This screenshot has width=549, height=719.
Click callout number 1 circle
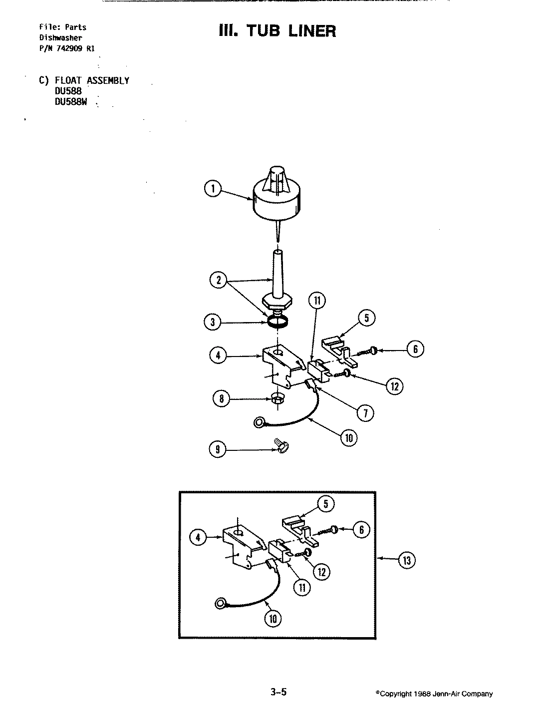click(213, 188)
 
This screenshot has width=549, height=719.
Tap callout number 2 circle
click(218, 281)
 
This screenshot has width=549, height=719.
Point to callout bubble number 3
click(213, 322)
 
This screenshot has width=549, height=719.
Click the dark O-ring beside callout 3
click(276, 322)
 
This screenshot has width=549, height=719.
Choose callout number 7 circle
click(365, 413)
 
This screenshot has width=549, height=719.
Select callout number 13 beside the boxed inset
click(406, 560)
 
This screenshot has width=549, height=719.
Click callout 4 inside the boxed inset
click(199, 537)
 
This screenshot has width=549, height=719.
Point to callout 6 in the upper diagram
click(415, 350)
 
